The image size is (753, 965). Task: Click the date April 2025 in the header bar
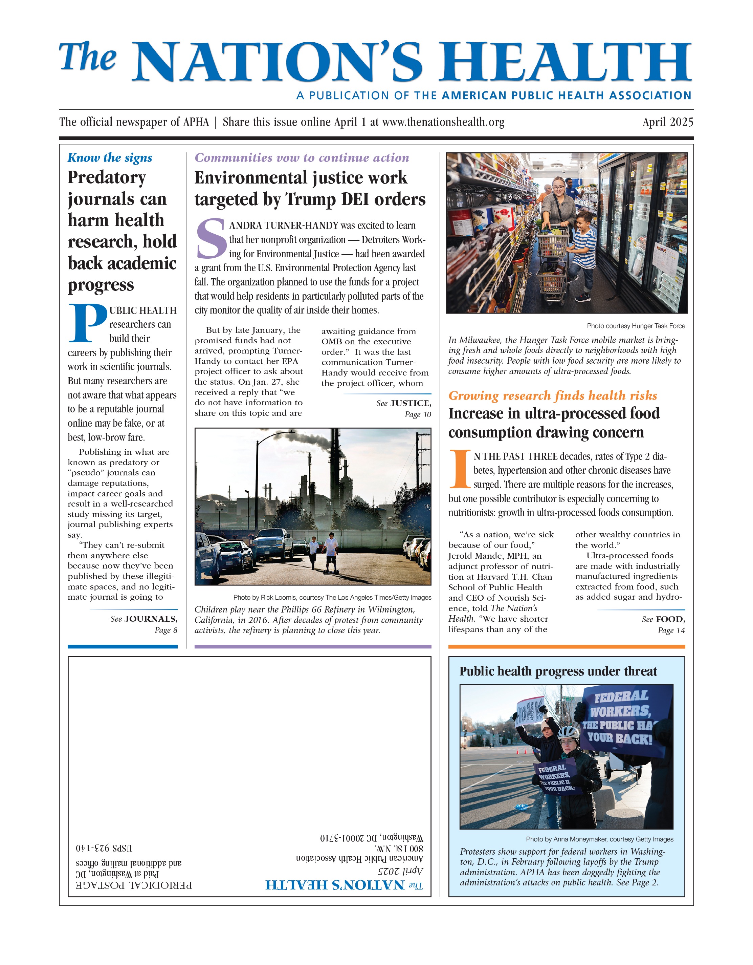pyautogui.click(x=667, y=122)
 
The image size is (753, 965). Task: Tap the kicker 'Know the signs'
pyautogui.click(x=110, y=158)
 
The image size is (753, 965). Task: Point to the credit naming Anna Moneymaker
pyautogui.click(x=599, y=839)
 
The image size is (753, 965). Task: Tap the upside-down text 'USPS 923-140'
pyautogui.click(x=104, y=848)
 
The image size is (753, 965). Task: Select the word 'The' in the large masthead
pyautogui.click(x=88, y=58)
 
